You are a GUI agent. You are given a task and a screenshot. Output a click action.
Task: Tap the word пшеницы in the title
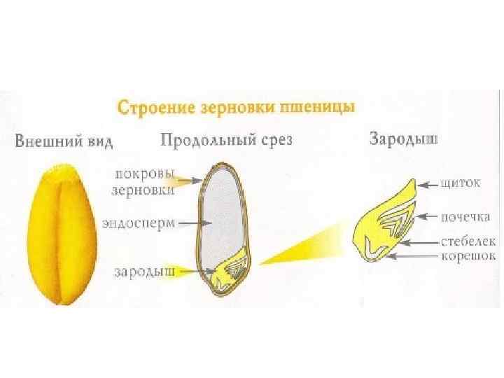318,108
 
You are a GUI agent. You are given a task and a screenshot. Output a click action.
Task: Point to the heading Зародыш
404,139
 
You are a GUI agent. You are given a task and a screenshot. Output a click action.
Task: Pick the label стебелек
468,241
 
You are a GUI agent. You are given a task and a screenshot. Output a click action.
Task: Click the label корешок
468,255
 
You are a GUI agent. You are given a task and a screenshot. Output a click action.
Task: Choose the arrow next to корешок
415,256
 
